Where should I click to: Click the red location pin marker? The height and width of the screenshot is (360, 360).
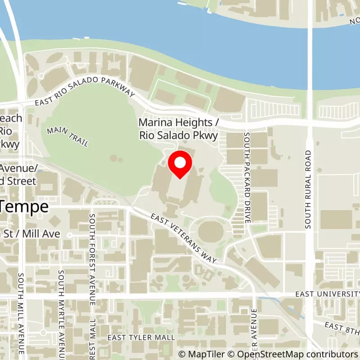(x=180, y=165)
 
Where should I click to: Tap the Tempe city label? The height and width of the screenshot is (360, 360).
(x=25, y=207)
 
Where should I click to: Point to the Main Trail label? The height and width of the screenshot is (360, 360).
(x=67, y=136)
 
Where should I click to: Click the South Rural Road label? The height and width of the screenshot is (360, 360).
(x=308, y=189)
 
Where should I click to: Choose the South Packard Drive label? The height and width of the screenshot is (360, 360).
(x=247, y=177)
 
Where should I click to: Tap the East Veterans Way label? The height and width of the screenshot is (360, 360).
(x=184, y=238)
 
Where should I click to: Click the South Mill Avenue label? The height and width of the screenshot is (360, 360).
(x=21, y=313)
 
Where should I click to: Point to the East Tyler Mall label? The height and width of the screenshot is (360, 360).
(x=141, y=337)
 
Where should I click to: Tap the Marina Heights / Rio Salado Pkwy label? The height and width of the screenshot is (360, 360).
(x=178, y=129)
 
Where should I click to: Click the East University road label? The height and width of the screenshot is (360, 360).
(x=327, y=293)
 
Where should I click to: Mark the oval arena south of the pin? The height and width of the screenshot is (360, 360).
(x=210, y=231)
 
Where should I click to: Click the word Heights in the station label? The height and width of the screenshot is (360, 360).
(x=191, y=122)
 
